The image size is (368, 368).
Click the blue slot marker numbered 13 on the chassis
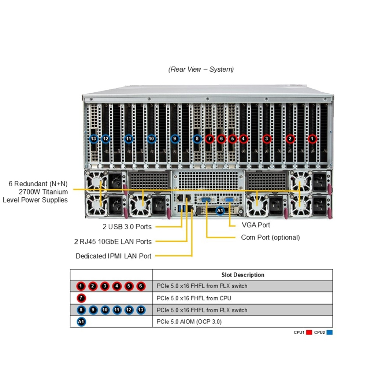pyautogui.click(x=94, y=139)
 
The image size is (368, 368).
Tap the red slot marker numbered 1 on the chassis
pyautogui.click(x=312, y=139)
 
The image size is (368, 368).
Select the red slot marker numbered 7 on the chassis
pyautogui.click(x=209, y=139)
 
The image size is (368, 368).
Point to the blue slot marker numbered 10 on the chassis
pyautogui.click(x=151, y=139)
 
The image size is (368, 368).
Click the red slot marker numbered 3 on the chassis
pyautogui.click(x=266, y=139)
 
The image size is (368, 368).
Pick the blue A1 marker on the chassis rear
pyautogui.click(x=220, y=211)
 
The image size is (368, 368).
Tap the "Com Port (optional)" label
pyautogui.click(x=270, y=237)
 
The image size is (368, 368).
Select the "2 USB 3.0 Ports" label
pyautogui.click(x=127, y=227)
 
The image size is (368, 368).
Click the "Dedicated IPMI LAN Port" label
pyautogui.click(x=113, y=256)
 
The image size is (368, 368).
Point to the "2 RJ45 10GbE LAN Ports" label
pyautogui.click(x=113, y=241)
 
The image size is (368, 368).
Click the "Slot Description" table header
pyautogui.click(x=243, y=275)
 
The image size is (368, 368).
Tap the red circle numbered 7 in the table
pyautogui.click(x=81, y=298)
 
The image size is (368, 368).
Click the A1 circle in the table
pyautogui.click(x=81, y=322)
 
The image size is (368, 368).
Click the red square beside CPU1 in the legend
pyautogui.click(x=308, y=333)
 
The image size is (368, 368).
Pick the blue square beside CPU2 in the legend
pyautogui.click(x=330, y=333)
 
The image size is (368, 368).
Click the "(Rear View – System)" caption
pyautogui.click(x=201, y=69)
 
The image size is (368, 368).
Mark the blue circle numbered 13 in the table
pyautogui.click(x=140, y=310)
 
